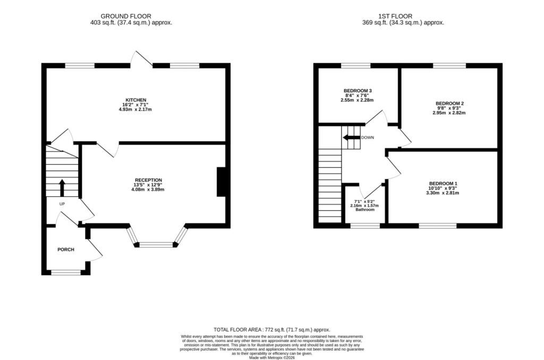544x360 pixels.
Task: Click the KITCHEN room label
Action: (x=135, y=100)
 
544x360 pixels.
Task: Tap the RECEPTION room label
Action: (x=148, y=180)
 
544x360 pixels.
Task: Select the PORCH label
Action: (x=65, y=250)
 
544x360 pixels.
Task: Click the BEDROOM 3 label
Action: (x=358, y=91)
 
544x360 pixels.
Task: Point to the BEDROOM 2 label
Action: (x=449, y=104)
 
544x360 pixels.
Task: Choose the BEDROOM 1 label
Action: (x=443, y=184)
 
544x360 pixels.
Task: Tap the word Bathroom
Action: (x=364, y=210)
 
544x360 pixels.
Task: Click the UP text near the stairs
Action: (x=62, y=204)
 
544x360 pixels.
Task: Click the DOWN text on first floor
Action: (x=368, y=138)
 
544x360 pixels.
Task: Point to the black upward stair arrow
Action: (x=62, y=187)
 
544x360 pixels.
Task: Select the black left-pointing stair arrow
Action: (x=352, y=138)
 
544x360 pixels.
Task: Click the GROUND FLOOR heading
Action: (x=126, y=16)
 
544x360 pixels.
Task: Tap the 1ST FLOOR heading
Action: (x=395, y=16)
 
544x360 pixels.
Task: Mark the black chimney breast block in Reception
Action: (x=222, y=182)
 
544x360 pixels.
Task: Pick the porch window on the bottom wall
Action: (x=66, y=272)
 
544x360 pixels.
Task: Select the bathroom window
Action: (x=365, y=226)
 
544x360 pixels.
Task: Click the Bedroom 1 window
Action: (x=438, y=226)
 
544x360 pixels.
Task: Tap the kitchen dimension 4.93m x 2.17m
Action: (x=135, y=109)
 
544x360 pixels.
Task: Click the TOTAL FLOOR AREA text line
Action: (x=271, y=330)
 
